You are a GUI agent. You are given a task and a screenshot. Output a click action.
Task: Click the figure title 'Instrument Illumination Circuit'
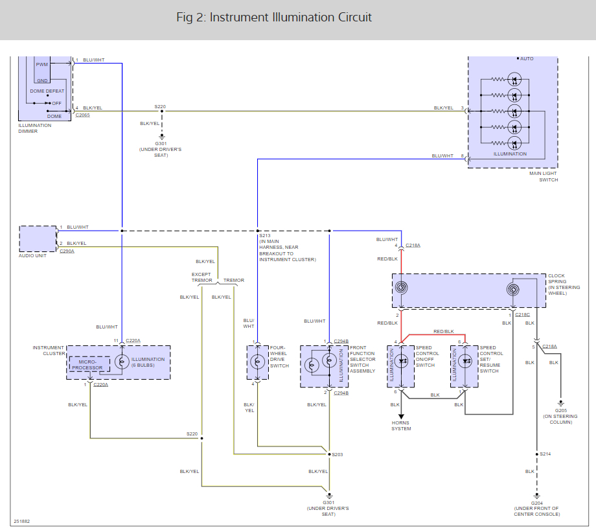tap(290, 17)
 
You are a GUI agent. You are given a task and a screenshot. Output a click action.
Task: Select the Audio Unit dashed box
tap(38, 239)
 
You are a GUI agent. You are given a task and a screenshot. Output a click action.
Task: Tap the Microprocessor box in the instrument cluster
tap(89, 364)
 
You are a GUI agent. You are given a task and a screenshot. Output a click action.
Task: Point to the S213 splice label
tap(265, 236)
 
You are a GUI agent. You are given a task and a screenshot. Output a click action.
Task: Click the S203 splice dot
tap(329, 454)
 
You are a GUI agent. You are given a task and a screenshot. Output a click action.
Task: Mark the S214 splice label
tap(545, 454)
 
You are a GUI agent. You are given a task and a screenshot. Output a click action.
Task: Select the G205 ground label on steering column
tap(560, 411)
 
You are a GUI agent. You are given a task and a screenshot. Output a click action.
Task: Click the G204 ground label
tap(536, 503)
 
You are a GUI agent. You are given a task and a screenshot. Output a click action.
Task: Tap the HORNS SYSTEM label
tap(401, 426)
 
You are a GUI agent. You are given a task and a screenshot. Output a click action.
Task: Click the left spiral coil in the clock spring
tap(401, 288)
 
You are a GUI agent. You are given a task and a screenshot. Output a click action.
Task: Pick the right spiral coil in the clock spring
tap(513, 290)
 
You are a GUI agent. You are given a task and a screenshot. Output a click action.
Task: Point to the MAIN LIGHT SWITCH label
tap(544, 176)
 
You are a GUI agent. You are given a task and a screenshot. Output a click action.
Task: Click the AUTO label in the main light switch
tap(527, 59)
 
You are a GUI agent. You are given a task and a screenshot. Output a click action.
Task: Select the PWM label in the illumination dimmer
tap(42, 65)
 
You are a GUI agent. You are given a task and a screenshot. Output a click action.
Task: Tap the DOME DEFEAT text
tap(47, 91)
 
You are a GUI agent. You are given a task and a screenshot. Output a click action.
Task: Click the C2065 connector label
tap(82, 115)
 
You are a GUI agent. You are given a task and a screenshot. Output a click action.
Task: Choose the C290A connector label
tap(67, 251)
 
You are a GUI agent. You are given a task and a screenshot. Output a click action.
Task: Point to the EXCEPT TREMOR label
tap(201, 277)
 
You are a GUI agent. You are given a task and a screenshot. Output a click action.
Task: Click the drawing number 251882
tap(21, 522)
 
